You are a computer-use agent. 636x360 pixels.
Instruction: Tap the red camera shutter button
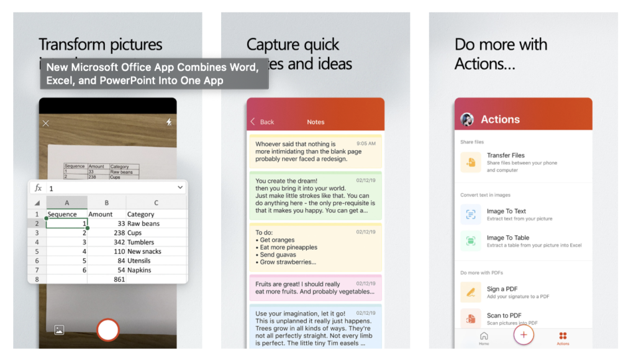point(108,330)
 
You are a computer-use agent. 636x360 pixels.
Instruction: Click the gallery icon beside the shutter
point(59,330)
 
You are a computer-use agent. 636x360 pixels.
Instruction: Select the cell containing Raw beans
point(143,223)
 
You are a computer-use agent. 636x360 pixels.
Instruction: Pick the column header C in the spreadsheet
point(156,202)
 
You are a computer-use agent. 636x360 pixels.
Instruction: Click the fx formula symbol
point(39,187)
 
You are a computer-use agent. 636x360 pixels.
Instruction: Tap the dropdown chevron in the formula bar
point(180,187)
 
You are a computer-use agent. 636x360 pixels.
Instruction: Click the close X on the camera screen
point(45,124)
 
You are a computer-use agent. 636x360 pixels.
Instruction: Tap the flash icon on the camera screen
point(169,123)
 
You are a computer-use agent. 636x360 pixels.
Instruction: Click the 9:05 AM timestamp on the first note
point(366,143)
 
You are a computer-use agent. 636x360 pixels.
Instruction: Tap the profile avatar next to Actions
point(467,120)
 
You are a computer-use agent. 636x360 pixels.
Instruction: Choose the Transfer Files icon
point(471,162)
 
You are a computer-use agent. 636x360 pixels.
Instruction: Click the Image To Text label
point(506,211)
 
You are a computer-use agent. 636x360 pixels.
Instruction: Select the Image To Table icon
point(471,241)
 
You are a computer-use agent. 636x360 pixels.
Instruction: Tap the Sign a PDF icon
point(471,292)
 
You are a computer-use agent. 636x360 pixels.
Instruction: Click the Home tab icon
point(484,336)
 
